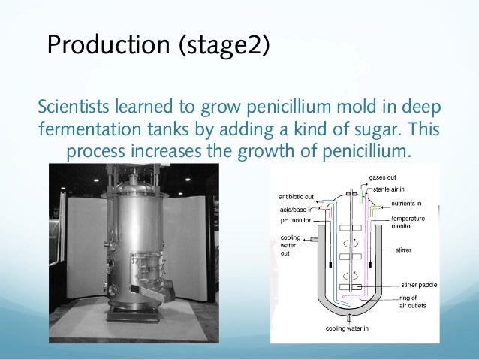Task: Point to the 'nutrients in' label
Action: point(406,204)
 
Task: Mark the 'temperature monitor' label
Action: point(408,222)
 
